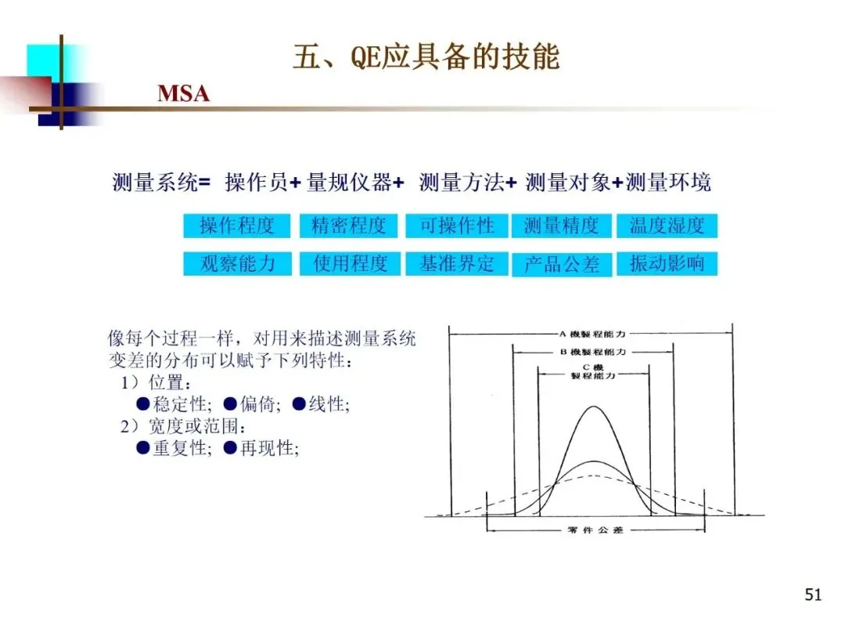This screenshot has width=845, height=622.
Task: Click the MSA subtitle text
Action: tap(184, 94)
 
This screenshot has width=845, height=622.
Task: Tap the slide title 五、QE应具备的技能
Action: tap(426, 58)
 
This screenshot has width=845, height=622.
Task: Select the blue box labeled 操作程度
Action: tap(237, 226)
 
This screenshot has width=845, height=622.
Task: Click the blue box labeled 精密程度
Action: tap(348, 226)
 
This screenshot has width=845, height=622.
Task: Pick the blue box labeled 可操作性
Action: tap(457, 226)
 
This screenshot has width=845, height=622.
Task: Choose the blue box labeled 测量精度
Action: tap(561, 226)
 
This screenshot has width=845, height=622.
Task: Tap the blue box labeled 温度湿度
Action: tap(667, 226)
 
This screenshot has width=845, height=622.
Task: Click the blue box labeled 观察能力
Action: tap(237, 263)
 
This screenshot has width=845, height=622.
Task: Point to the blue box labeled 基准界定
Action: tap(457, 263)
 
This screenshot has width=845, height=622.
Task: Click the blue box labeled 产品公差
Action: tap(561, 264)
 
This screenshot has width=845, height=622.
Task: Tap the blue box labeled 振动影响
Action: tap(667, 263)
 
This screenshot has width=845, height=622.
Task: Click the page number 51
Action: tap(813, 595)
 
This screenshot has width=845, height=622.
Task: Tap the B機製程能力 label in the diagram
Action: tap(592, 352)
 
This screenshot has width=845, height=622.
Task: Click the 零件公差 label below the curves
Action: tap(595, 530)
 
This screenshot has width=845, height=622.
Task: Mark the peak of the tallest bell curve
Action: tap(595, 407)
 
